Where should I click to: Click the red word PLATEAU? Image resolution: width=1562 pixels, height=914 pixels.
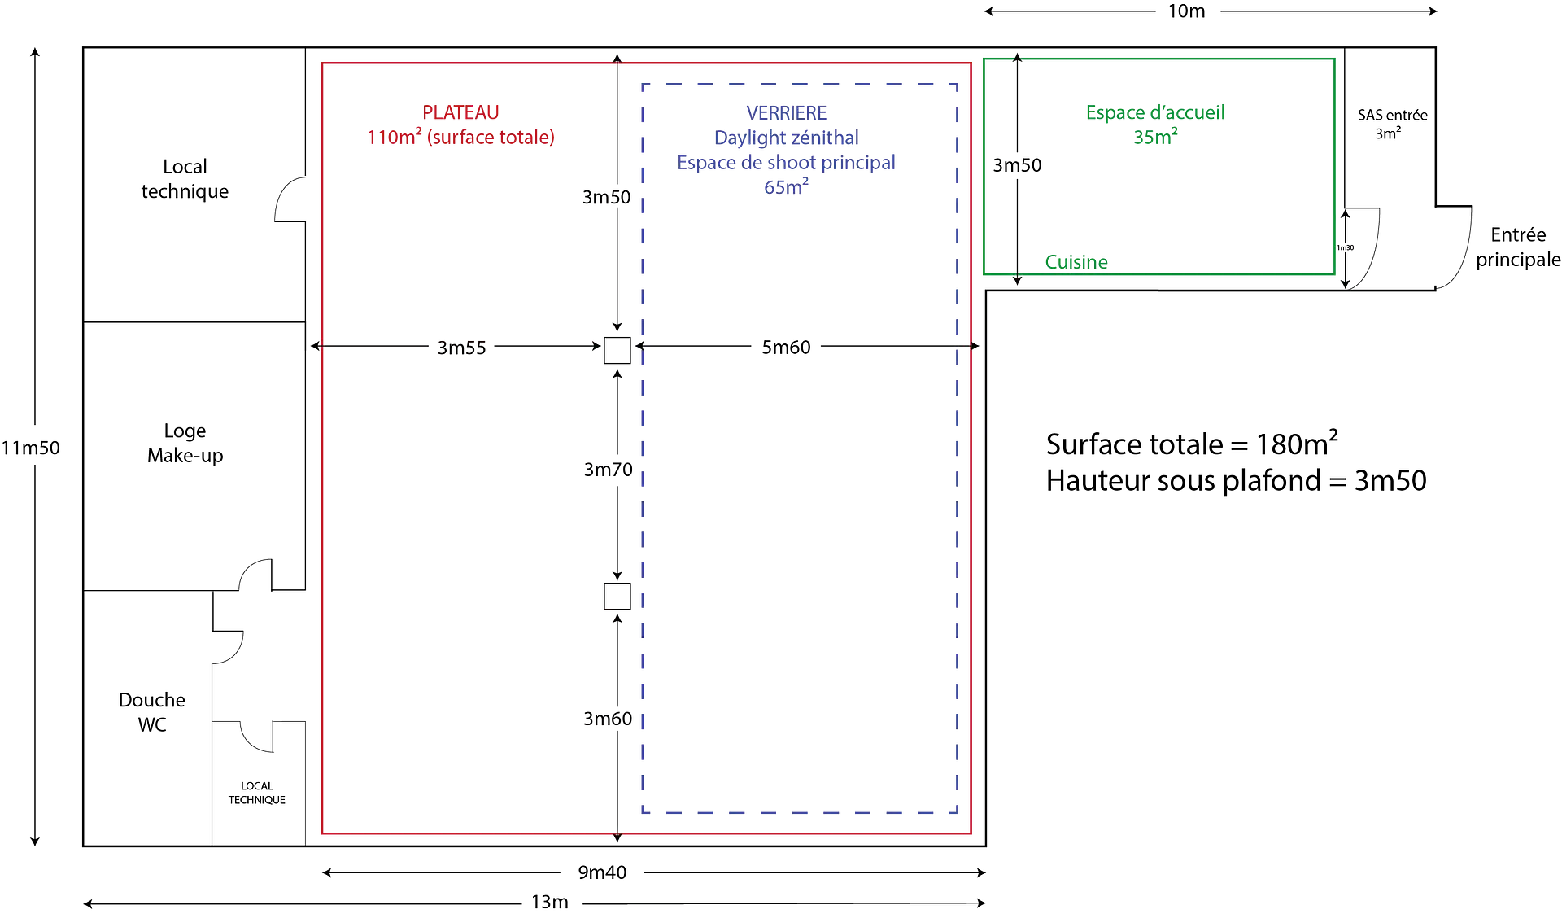(x=461, y=112)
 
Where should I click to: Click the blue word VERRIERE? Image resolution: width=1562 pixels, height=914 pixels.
(x=786, y=112)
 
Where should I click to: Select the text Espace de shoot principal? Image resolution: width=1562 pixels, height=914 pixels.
(x=786, y=163)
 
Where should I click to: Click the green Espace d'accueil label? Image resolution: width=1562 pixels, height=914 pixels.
(x=1155, y=112)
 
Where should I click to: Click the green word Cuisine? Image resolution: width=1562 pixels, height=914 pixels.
(x=1076, y=262)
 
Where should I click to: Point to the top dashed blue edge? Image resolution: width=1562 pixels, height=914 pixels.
(x=797, y=82)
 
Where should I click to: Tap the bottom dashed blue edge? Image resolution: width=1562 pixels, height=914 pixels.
(x=797, y=812)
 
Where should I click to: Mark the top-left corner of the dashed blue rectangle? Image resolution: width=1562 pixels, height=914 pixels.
(x=643, y=82)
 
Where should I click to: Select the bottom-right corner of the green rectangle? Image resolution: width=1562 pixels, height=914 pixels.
(x=1335, y=274)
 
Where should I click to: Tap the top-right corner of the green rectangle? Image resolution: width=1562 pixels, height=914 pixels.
(x=1335, y=58)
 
